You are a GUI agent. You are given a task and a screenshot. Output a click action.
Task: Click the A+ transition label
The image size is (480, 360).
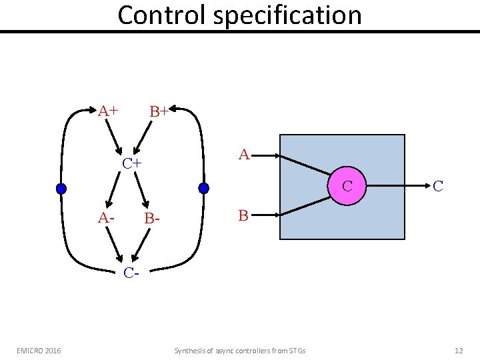tap(109, 111)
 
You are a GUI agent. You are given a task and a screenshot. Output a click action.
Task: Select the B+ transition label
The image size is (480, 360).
tap(159, 111)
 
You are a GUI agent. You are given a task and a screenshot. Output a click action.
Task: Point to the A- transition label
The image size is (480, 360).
tap(105, 217)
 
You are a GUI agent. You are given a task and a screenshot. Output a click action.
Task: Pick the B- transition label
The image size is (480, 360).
tap(153, 218)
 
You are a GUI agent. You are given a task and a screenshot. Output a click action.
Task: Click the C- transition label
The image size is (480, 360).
tap(131, 272)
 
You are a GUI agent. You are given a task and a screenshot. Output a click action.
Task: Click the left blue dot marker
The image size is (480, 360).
tap(61, 189)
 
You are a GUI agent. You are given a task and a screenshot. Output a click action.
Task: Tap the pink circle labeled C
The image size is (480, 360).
tap(347, 186)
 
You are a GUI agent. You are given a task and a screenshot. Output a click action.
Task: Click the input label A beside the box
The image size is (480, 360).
tap(244, 155)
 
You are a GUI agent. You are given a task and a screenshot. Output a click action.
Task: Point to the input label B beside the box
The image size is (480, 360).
tap(243, 215)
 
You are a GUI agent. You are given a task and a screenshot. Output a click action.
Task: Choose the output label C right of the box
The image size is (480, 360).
tap(438, 186)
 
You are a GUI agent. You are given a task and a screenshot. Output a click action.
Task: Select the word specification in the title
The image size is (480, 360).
tap(287, 15)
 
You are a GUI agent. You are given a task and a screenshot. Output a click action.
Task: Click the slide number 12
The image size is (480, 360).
tap(458, 350)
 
